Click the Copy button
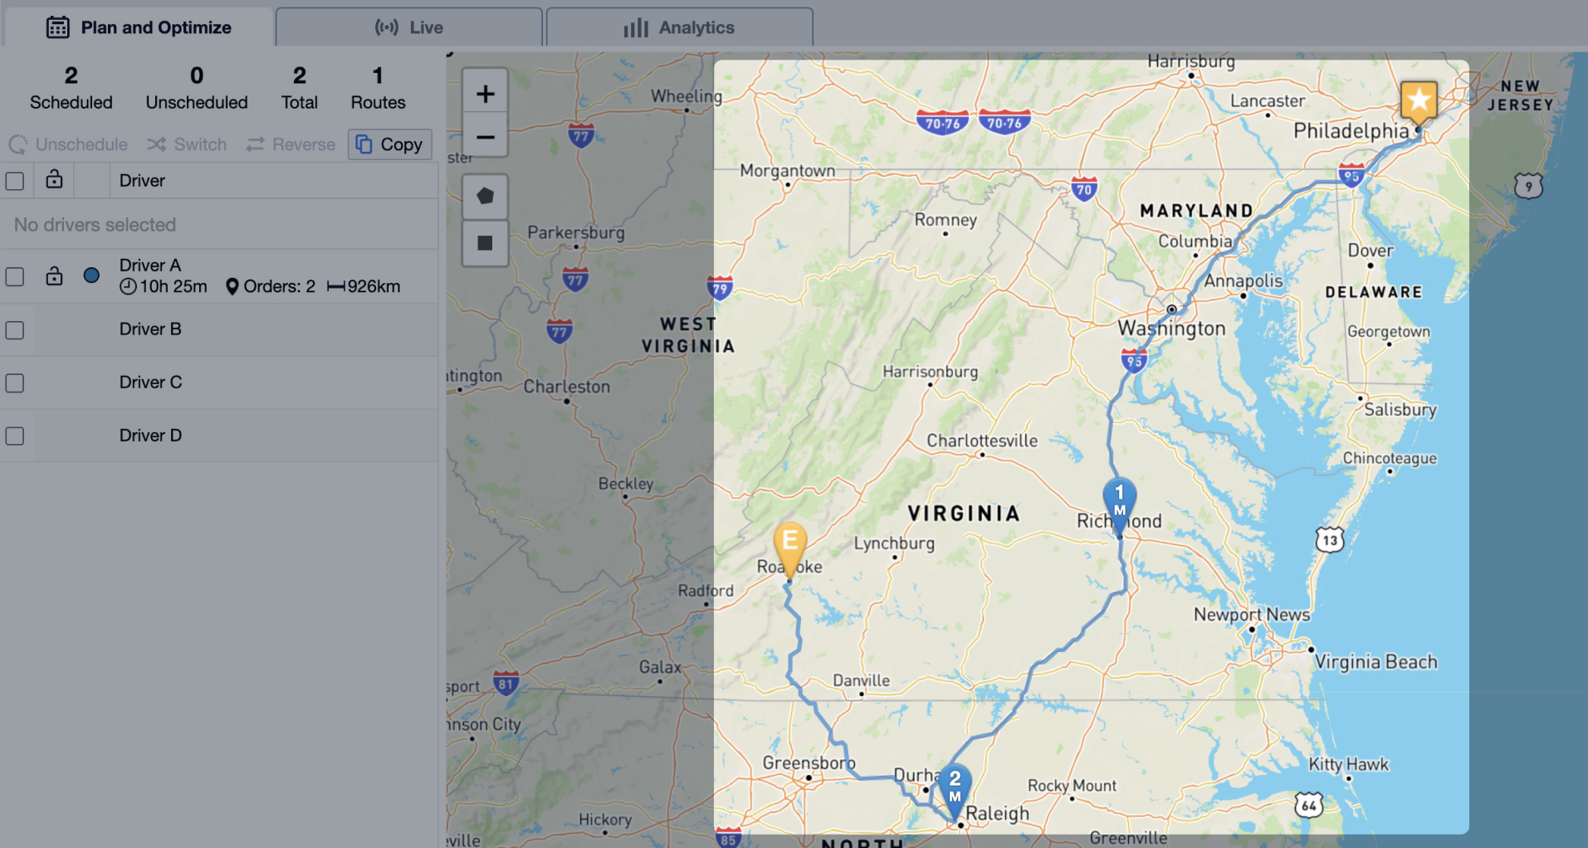pos(390,144)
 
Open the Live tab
pos(409,27)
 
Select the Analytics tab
pos(679,27)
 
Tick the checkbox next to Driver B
pos(15,330)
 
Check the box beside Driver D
pos(15,436)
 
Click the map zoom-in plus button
pos(485,94)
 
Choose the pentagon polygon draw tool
pos(485,197)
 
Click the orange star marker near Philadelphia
pos(1419,101)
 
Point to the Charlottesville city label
pos(981,441)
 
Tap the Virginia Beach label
pos(1375,661)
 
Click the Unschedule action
pos(69,144)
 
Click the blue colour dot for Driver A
pos(91,275)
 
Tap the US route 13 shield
pos(1329,540)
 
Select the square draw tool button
pos(485,243)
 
